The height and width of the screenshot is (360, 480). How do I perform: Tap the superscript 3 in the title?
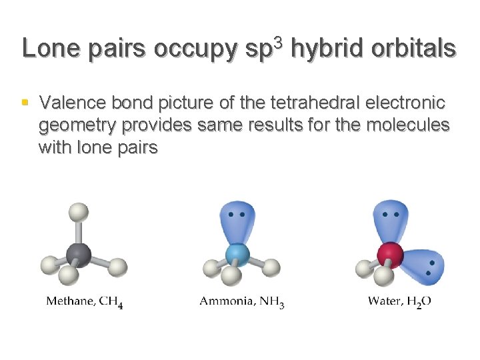point(279,41)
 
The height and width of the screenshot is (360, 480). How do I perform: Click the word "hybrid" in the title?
point(322,49)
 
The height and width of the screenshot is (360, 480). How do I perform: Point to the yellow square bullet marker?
point(25,103)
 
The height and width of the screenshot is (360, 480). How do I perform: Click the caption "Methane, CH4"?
point(85,301)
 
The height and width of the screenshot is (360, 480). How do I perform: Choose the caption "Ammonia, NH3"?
point(242,301)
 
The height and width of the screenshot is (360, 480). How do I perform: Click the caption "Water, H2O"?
point(399,301)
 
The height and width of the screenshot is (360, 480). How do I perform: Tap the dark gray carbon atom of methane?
point(79,254)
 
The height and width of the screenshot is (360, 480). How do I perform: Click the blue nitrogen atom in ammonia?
point(237,254)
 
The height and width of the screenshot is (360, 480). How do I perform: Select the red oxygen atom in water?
point(391,254)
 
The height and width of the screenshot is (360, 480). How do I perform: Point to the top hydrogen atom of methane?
point(79,213)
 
